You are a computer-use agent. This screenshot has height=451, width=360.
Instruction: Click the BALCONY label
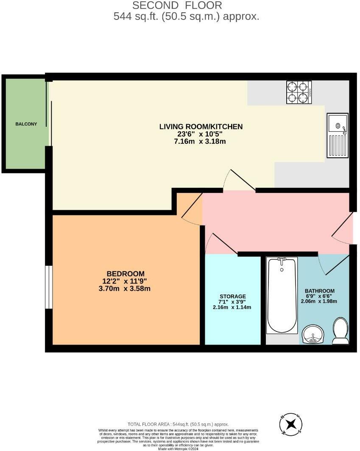[26, 124]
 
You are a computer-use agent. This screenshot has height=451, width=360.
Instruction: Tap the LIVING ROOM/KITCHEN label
[201, 126]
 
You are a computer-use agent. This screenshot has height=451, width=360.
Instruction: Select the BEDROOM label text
[125, 274]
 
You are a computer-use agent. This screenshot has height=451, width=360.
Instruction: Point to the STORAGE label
[232, 296]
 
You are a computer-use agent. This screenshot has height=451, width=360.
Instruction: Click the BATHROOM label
[320, 291]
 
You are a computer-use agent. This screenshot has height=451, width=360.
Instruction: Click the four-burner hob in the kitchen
[299, 92]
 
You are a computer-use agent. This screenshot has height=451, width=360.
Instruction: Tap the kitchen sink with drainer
[338, 135]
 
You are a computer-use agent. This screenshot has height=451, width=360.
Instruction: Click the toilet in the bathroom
[340, 331]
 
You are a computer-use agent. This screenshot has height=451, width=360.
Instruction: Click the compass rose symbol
[290, 424]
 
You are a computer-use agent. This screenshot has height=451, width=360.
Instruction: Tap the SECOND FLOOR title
[177, 6]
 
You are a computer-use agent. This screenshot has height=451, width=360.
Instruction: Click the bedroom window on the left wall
[49, 287]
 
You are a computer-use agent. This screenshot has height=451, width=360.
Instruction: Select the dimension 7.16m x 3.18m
[200, 142]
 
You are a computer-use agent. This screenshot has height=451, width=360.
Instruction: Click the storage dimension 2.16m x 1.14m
[232, 307]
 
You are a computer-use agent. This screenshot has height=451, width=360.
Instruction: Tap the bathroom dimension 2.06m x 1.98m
[320, 301]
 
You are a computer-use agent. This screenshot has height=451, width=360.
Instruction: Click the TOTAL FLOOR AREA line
[178, 424]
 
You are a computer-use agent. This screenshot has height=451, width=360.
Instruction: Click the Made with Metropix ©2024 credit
[178, 448]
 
